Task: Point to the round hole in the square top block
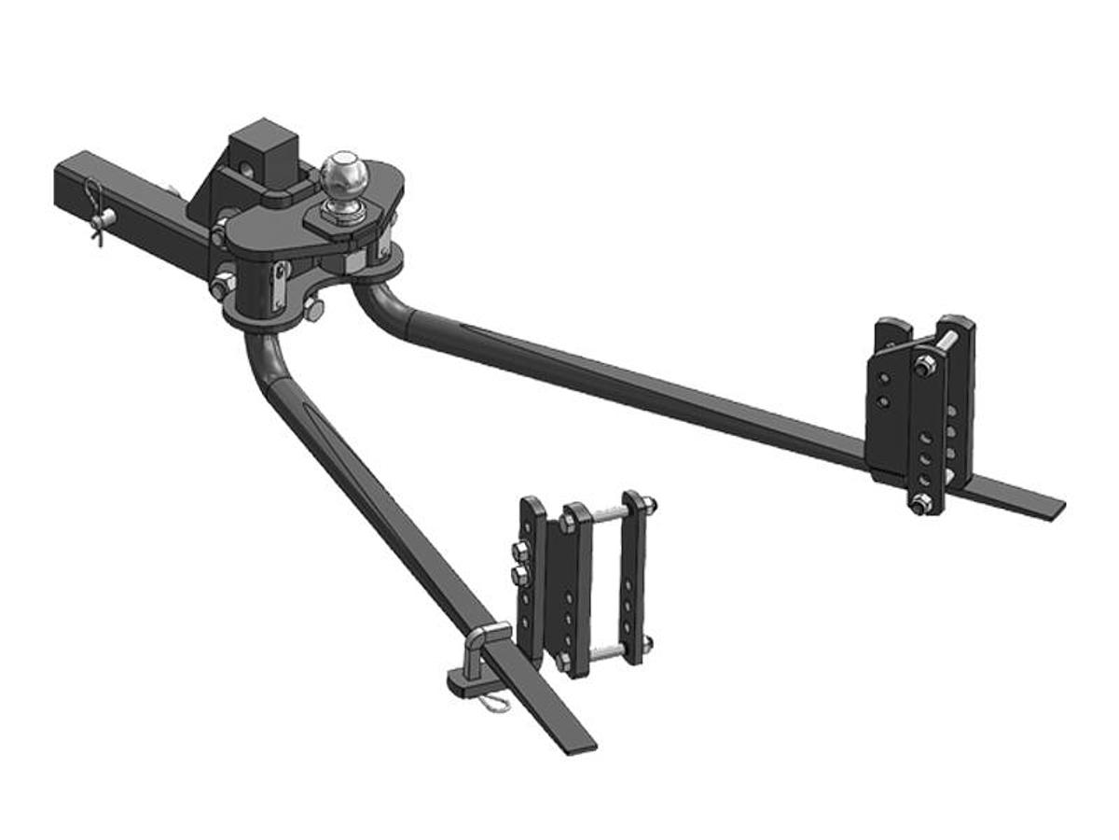pyautogui.click(x=247, y=170)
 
